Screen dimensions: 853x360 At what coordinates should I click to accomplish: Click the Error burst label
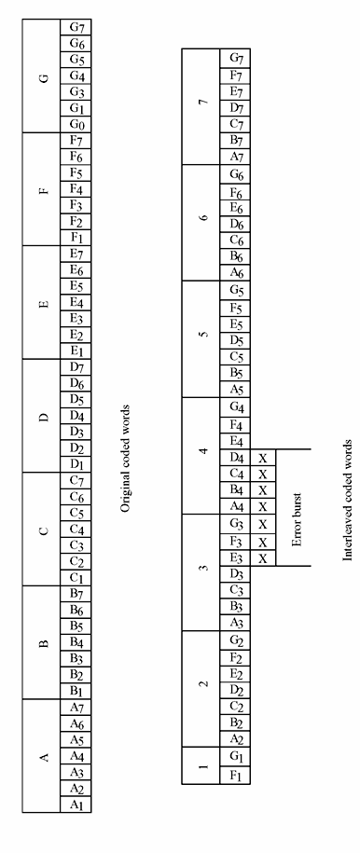click(297, 509)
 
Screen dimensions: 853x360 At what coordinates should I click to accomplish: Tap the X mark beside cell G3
click(262, 523)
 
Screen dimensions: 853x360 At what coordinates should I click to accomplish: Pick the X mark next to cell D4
click(262, 458)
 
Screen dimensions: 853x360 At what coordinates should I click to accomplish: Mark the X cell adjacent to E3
click(262, 557)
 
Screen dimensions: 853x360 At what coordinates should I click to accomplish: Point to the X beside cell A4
click(262, 507)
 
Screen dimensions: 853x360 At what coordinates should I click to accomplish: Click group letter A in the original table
click(44, 756)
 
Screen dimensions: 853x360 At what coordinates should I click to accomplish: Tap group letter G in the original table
click(44, 76)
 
